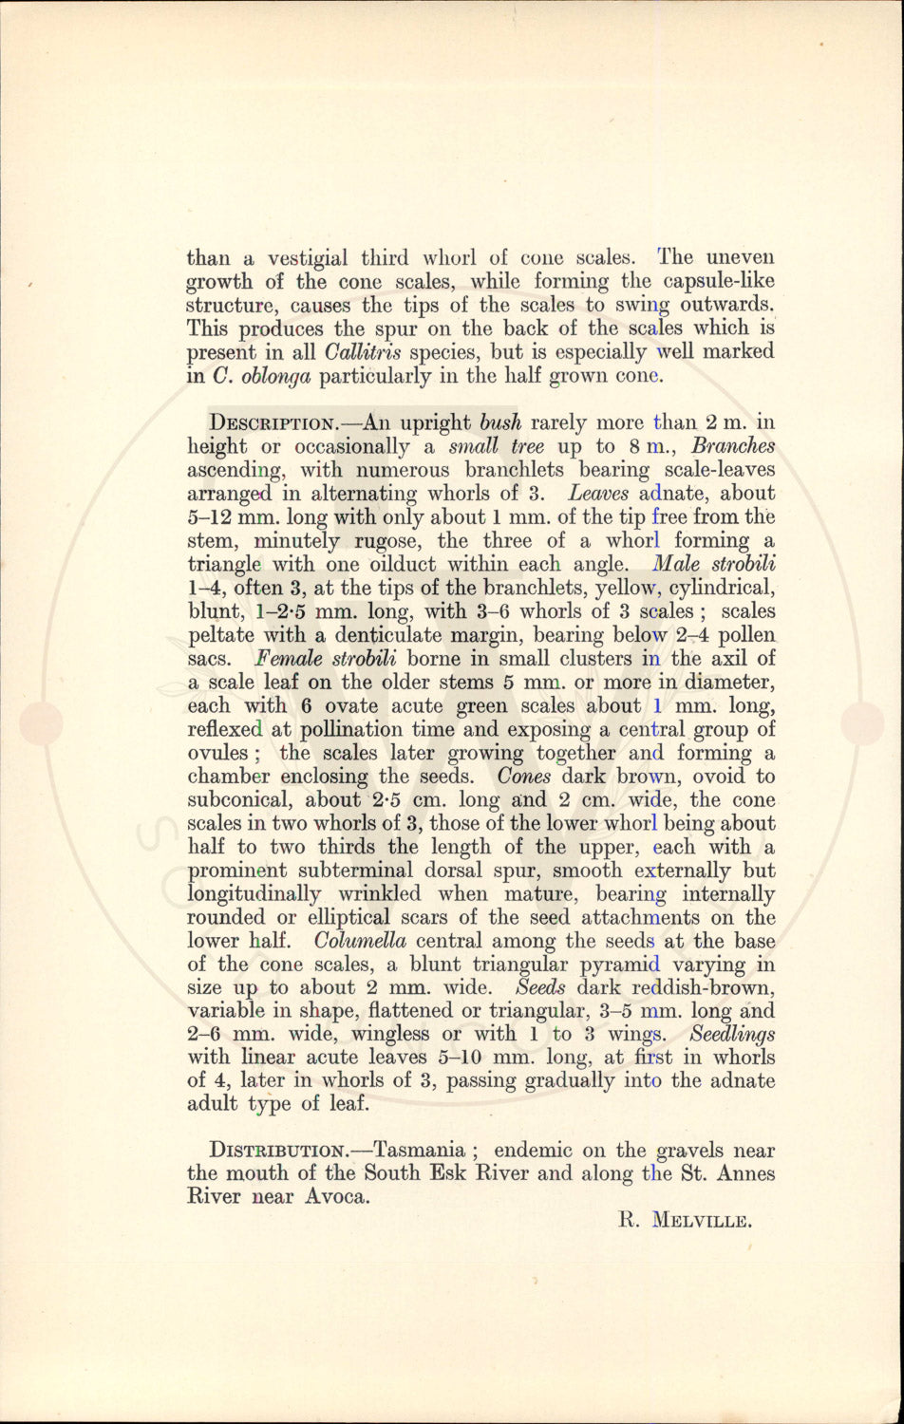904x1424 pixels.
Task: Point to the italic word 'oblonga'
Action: point(276,375)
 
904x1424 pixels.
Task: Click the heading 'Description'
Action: point(270,422)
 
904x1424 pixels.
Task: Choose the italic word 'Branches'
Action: point(733,446)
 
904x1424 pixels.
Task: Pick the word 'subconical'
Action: point(247,800)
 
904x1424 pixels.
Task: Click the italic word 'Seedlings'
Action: point(733,1035)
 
